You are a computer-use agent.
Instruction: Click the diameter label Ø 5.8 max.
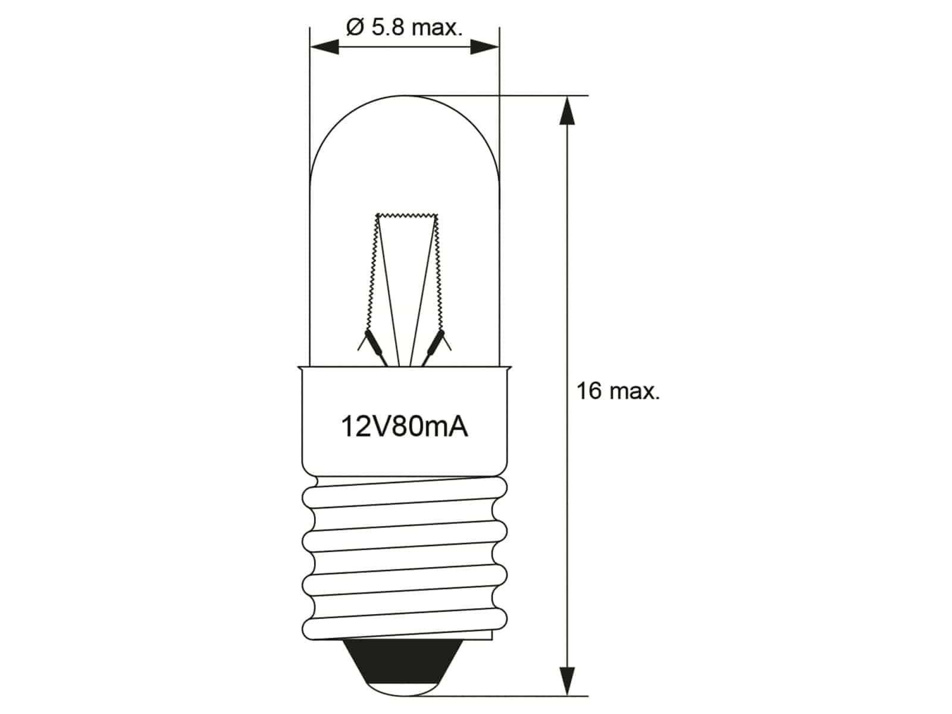pyautogui.click(x=403, y=28)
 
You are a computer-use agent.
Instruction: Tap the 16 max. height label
pyautogui.click(x=618, y=392)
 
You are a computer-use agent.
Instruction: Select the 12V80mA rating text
pyautogui.click(x=404, y=427)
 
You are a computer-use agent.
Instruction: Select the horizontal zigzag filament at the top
pyautogui.click(x=407, y=216)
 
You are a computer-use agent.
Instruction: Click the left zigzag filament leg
pyautogui.click(x=372, y=274)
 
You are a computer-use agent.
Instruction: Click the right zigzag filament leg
pyautogui.click(x=438, y=274)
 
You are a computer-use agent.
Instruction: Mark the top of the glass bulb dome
pyautogui.click(x=405, y=96)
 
